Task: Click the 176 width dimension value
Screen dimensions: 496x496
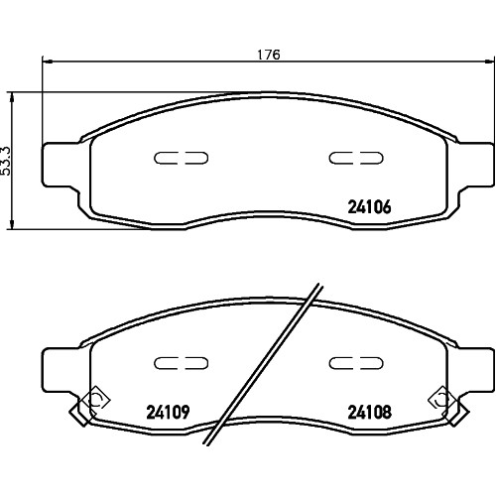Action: click(269, 55)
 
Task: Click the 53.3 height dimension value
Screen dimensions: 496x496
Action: click(6, 161)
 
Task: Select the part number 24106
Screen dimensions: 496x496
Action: click(369, 207)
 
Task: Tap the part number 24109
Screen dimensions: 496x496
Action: click(168, 412)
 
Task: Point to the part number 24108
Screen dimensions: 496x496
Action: click(369, 412)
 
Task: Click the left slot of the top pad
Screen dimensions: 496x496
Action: click(181, 158)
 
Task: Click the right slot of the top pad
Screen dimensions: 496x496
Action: click(356, 158)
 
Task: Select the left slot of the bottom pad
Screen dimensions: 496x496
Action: click(181, 363)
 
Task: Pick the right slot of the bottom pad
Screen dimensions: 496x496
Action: click(356, 363)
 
